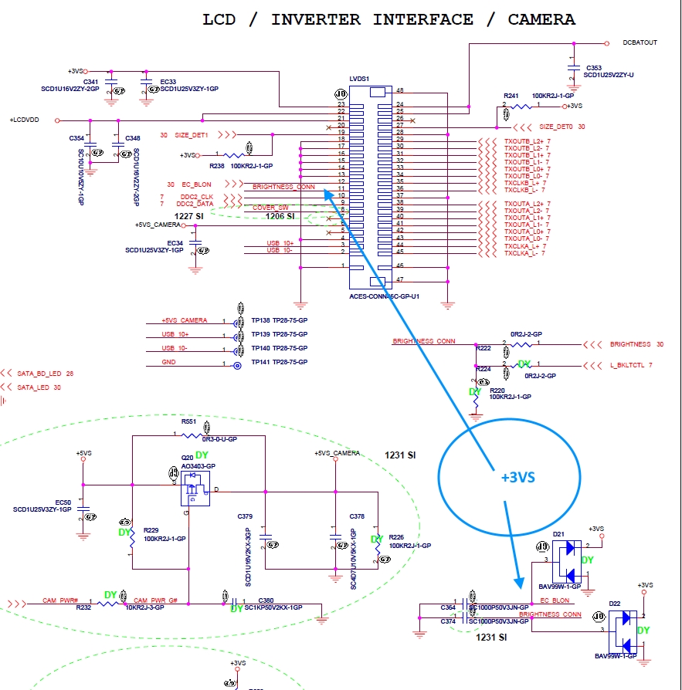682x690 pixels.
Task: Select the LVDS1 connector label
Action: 359,79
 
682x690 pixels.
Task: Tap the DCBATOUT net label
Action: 640,42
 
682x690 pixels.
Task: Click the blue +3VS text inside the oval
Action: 517,477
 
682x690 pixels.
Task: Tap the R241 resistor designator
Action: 511,94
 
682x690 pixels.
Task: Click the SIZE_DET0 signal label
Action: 556,127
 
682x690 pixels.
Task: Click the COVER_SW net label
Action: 270,207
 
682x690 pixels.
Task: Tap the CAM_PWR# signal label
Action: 59,600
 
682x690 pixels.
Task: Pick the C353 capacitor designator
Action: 593,68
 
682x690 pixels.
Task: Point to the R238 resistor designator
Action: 217,165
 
